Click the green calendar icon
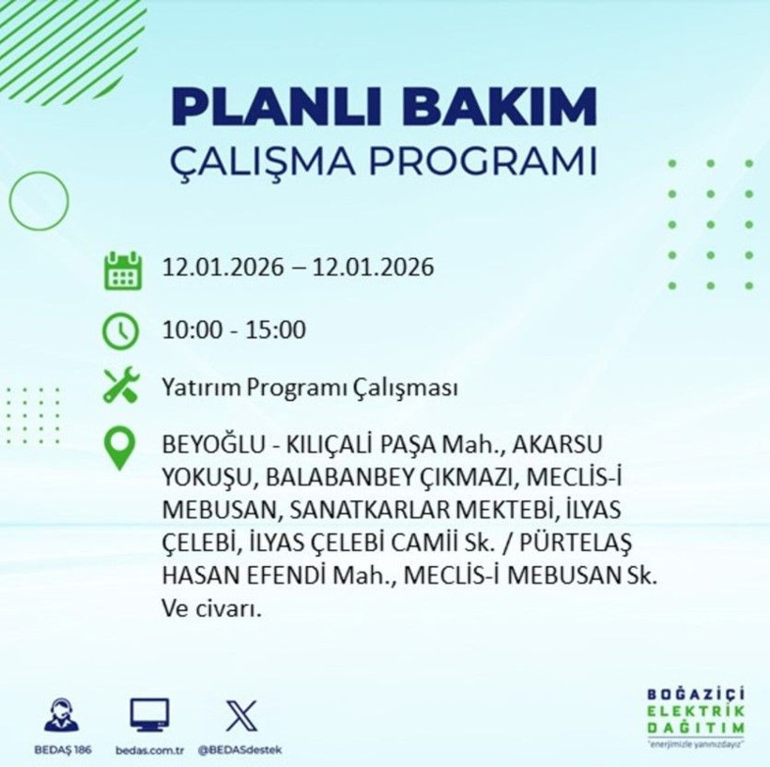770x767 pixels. pyautogui.click(x=122, y=269)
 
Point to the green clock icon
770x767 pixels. pyautogui.click(x=122, y=330)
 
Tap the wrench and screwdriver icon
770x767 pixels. pyautogui.click(x=122, y=386)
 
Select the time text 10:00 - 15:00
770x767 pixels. pyautogui.click(x=234, y=330)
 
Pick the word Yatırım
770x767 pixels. pyautogui.click(x=195, y=387)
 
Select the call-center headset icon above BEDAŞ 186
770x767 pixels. pyautogui.click(x=61, y=716)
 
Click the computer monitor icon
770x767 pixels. pyautogui.click(x=149, y=715)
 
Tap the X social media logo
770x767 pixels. pyautogui.click(x=240, y=715)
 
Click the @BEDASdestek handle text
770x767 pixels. pyautogui.click(x=240, y=749)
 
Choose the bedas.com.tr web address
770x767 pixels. pyautogui.click(x=150, y=749)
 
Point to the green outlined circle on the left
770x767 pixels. pyautogui.click(x=38, y=202)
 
